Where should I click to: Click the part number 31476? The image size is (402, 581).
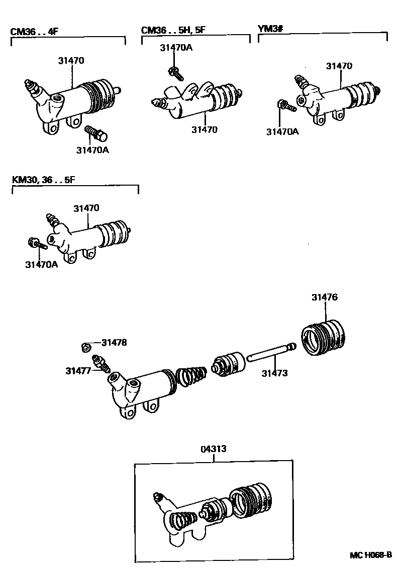(x=324, y=297)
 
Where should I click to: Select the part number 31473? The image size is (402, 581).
(x=274, y=373)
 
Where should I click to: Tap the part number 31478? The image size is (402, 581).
(x=114, y=343)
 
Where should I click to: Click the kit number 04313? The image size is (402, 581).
(x=213, y=450)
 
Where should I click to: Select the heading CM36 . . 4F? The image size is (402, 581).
(x=34, y=32)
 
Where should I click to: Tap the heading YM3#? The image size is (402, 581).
(x=271, y=29)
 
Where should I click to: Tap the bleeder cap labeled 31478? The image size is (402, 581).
(x=85, y=346)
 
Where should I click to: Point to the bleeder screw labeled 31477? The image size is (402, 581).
(x=100, y=364)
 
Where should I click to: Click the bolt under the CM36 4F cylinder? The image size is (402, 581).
(x=96, y=133)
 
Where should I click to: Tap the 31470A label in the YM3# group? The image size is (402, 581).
(x=282, y=131)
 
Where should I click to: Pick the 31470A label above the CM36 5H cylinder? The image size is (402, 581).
(x=176, y=48)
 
